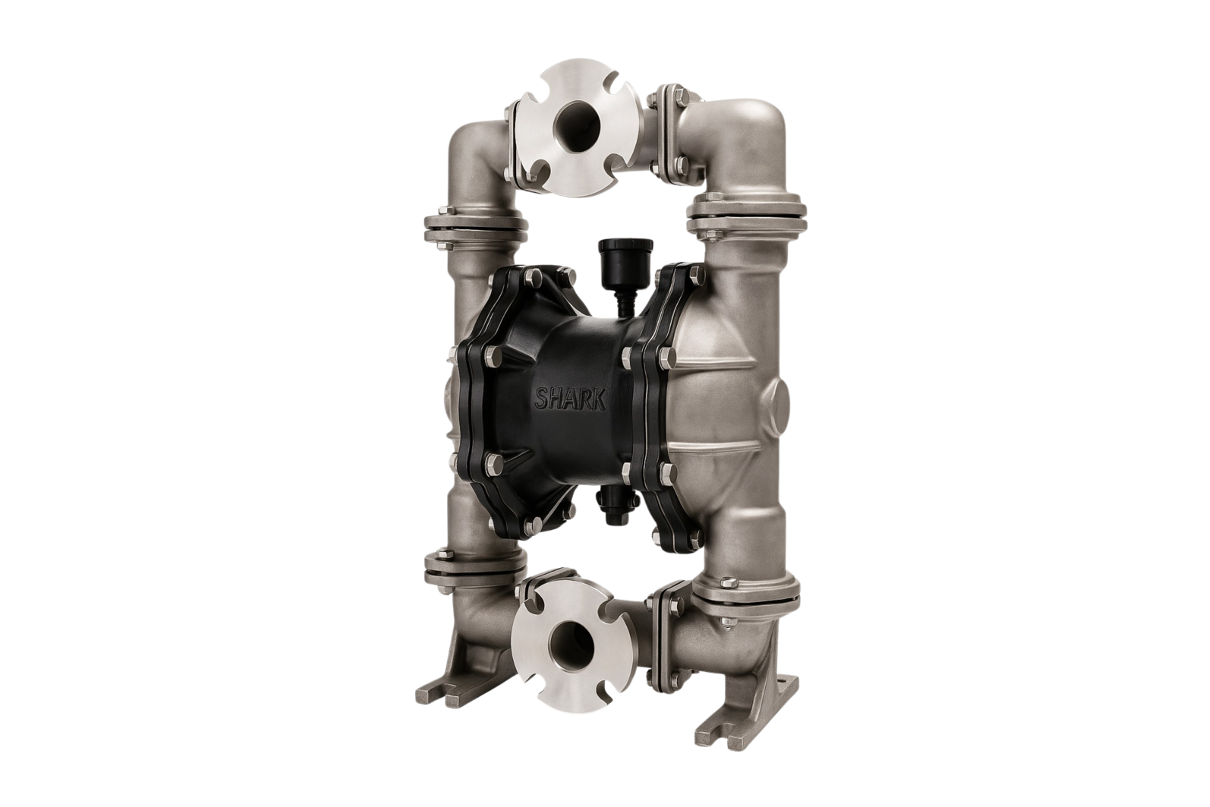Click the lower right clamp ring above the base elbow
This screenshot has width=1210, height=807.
[748, 595]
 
